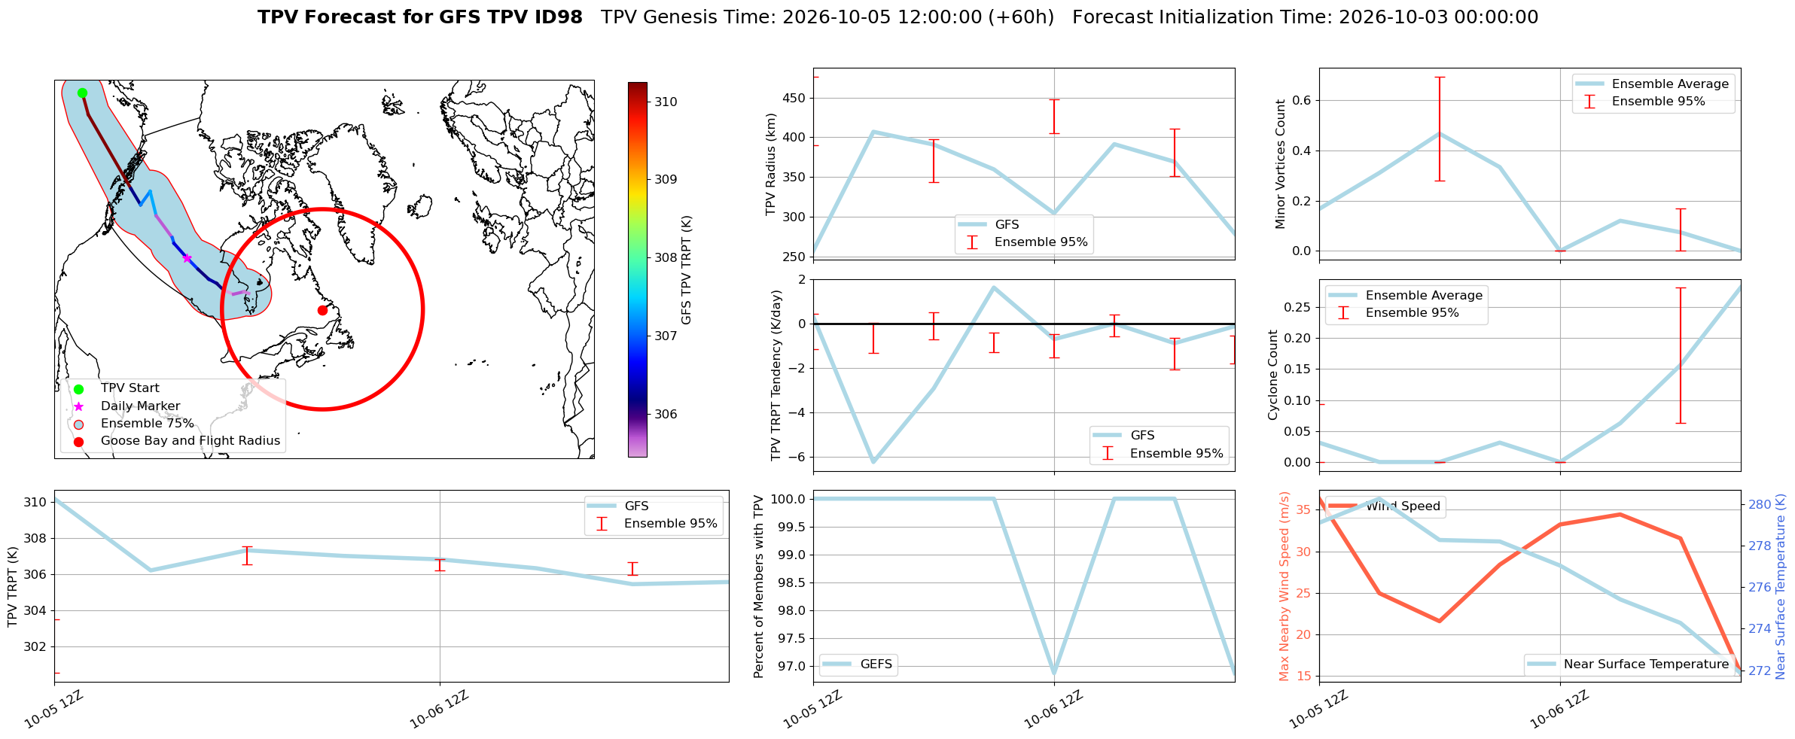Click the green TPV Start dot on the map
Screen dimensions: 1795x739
82,93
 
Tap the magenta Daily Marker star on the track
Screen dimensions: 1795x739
187,258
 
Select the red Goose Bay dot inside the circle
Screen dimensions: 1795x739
322,310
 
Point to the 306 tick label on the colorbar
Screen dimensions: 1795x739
665,414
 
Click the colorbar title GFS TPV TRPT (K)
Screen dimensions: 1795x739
686,270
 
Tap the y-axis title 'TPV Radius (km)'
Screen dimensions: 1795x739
770,164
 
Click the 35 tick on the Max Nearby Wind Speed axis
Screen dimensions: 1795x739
1303,510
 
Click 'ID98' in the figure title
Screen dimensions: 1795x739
556,17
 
